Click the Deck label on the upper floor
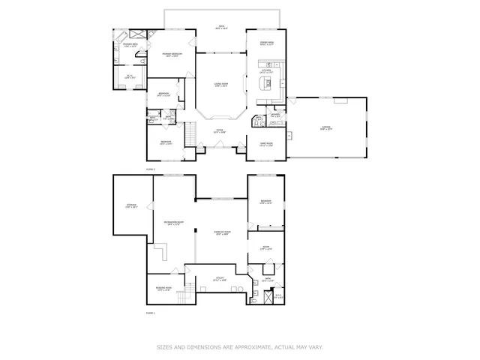pos(222,27)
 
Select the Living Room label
pos(221,85)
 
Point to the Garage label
pos(326,129)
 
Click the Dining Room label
pos(266,43)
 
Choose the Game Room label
pos(266,144)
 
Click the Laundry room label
pos(275,115)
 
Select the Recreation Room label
pos(174,223)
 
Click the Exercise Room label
pos(221,233)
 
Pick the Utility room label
pos(221,279)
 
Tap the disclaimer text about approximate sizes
pos(239,347)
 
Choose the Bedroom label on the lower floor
pos(265,202)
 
